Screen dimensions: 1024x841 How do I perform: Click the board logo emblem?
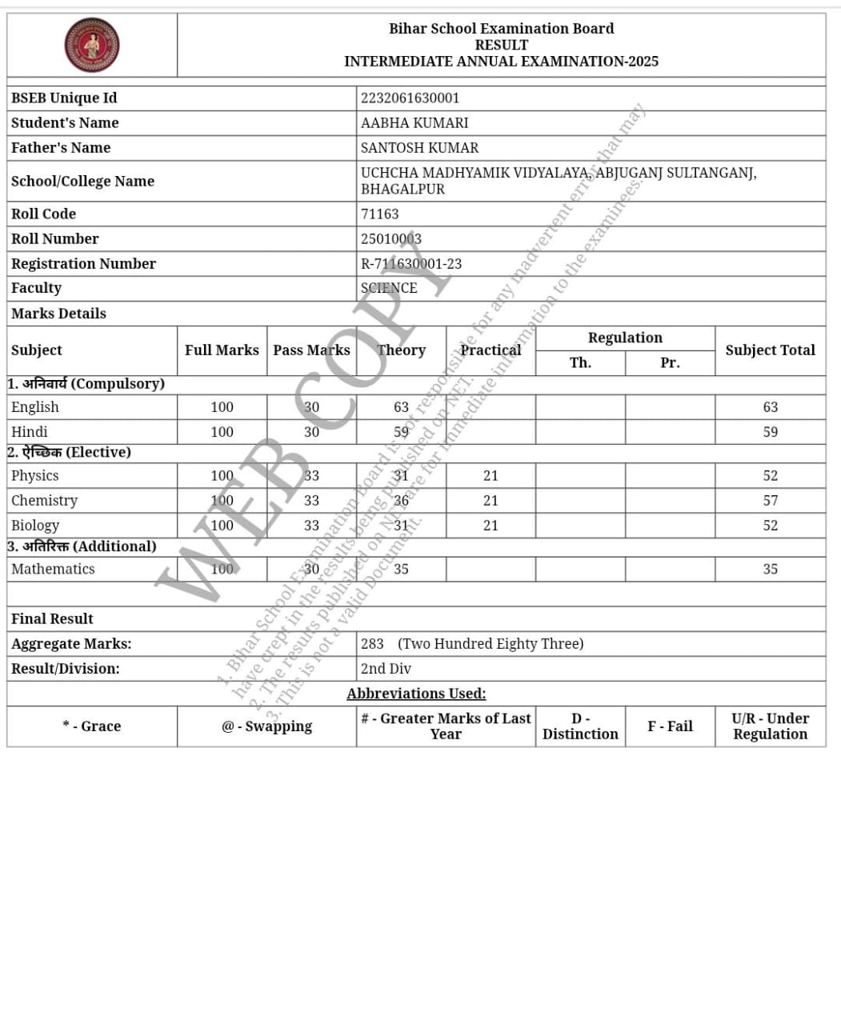92,46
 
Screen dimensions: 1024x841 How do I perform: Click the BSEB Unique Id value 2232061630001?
410,98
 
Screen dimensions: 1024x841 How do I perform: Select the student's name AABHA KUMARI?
414,123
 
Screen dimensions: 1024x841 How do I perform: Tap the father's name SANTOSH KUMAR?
419,148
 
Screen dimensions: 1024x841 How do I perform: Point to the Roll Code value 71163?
379,214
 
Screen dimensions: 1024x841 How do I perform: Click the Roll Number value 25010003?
390,239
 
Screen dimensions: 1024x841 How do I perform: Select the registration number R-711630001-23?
410,264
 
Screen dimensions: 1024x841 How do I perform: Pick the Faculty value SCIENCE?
389,288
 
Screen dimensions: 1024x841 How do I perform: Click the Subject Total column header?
770,350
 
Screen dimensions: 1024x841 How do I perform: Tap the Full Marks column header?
222,350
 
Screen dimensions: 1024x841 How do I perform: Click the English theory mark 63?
401,407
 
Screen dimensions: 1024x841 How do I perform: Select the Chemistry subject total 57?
770,501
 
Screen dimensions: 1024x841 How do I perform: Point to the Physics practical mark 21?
491,476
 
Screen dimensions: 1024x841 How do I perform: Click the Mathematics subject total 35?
770,570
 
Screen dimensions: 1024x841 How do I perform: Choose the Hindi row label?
30,432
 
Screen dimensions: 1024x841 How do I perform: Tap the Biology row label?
35,526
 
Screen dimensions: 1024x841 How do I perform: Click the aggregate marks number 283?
372,644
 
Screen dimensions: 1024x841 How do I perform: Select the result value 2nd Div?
386,669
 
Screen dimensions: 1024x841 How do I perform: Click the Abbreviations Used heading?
416,694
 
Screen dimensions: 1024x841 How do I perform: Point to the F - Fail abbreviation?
670,726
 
